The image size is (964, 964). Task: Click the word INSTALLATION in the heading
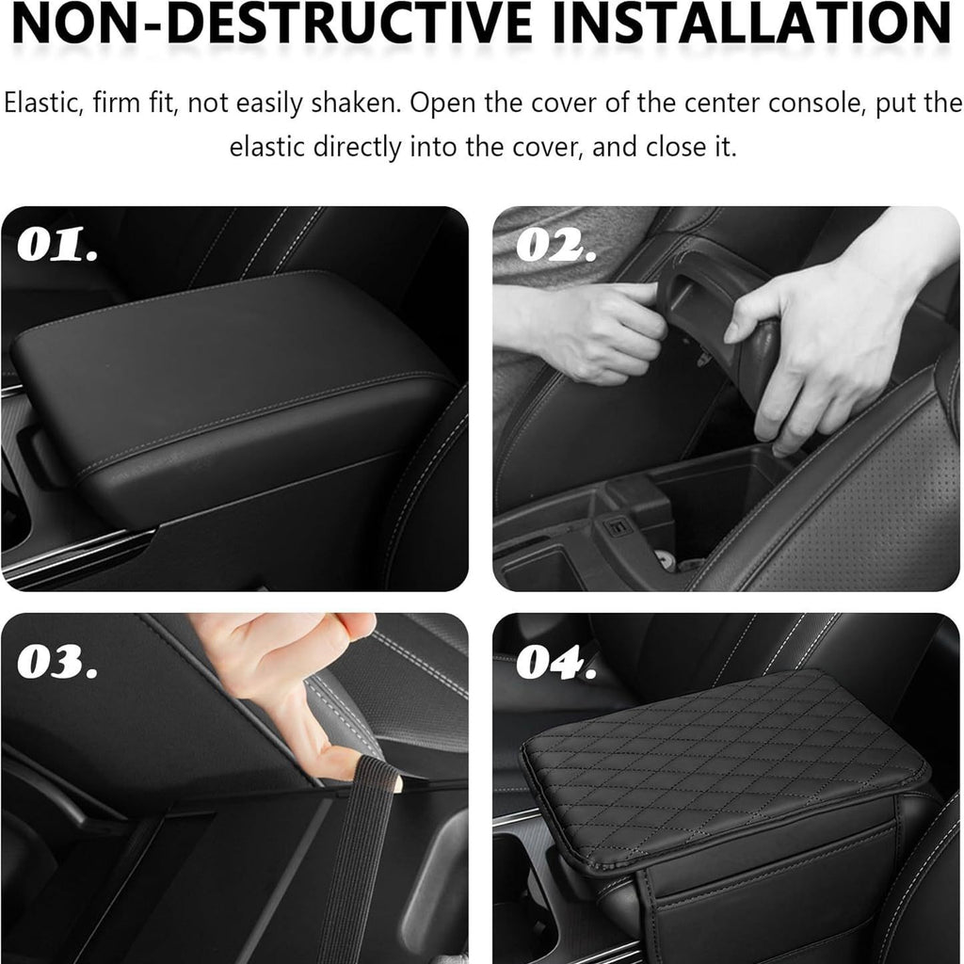(752, 24)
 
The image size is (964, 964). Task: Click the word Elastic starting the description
(43, 103)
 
